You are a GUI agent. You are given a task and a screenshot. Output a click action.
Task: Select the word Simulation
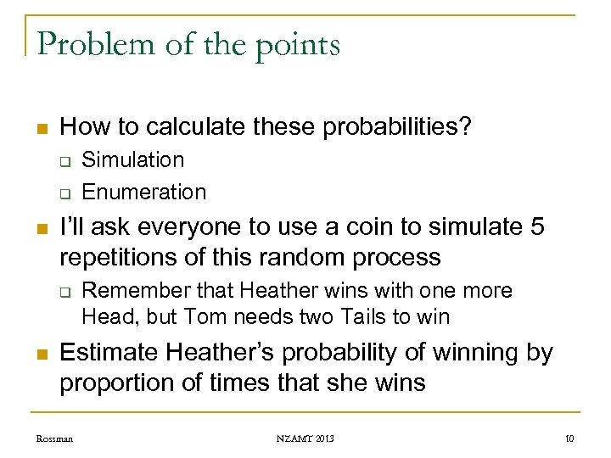pos(133,159)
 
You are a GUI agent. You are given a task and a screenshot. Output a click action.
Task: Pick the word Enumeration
pos(144,192)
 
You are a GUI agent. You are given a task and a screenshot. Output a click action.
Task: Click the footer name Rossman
pos(54,438)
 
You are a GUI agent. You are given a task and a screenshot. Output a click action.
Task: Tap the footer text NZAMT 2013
pos(305,438)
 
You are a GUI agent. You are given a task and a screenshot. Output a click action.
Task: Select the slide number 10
pos(569,438)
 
